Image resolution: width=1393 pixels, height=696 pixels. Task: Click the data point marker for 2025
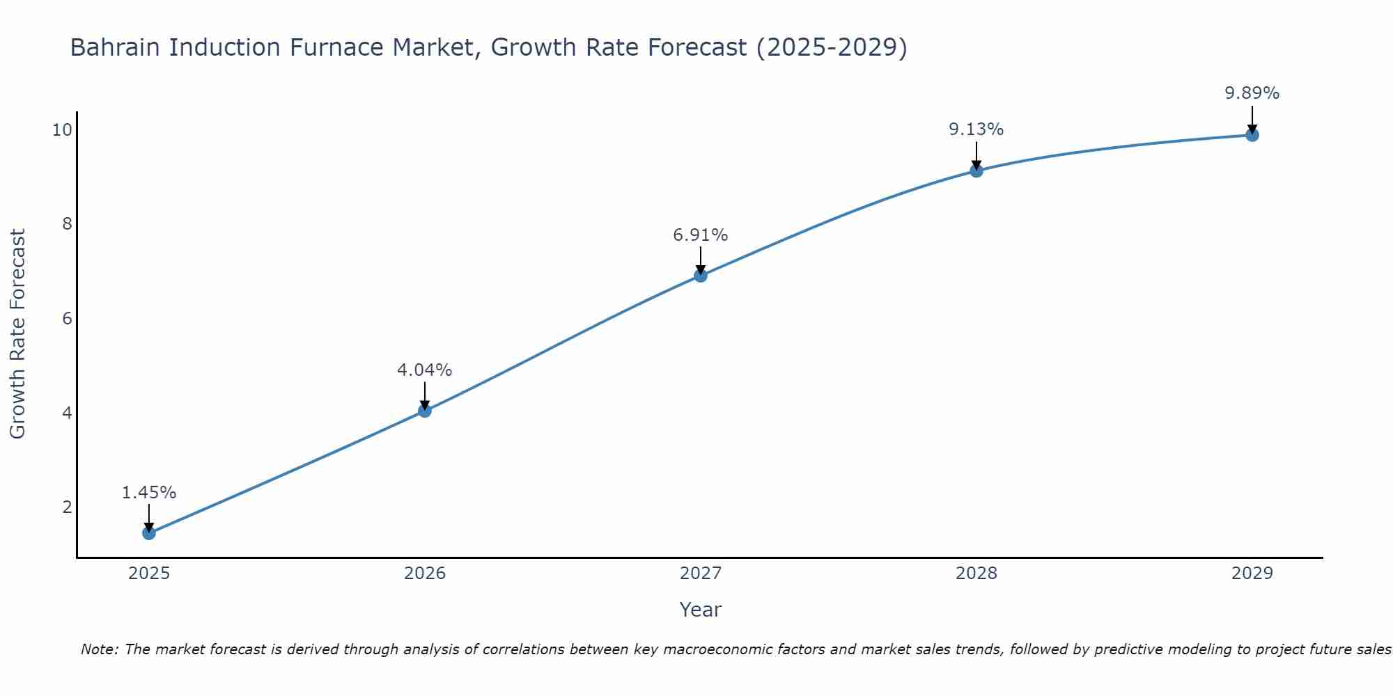click(x=149, y=533)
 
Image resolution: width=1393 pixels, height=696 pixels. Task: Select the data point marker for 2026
click(x=425, y=411)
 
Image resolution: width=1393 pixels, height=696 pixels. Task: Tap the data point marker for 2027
click(x=701, y=276)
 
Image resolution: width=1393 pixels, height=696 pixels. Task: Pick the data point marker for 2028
click(x=976, y=171)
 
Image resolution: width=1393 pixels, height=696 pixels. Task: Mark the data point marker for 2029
click(x=1252, y=135)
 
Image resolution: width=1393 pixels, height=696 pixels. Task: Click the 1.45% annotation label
click(x=149, y=493)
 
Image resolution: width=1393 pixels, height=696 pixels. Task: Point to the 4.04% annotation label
click(x=425, y=370)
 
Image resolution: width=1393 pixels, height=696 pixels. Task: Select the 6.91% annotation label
click(x=701, y=235)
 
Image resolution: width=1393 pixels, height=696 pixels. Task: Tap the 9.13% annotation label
click(x=976, y=129)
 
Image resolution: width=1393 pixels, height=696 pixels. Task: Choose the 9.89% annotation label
click(x=1252, y=93)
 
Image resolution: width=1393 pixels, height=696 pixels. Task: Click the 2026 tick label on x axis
click(x=425, y=574)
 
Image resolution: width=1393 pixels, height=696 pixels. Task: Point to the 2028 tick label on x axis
click(x=976, y=574)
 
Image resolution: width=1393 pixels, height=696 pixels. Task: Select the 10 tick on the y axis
click(x=62, y=130)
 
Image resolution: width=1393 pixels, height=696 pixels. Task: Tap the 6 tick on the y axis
click(x=67, y=319)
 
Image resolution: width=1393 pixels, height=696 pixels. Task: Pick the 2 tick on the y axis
click(x=67, y=507)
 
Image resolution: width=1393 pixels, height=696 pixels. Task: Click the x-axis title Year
click(x=701, y=610)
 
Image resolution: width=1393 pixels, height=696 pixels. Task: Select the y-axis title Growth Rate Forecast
click(x=18, y=334)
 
